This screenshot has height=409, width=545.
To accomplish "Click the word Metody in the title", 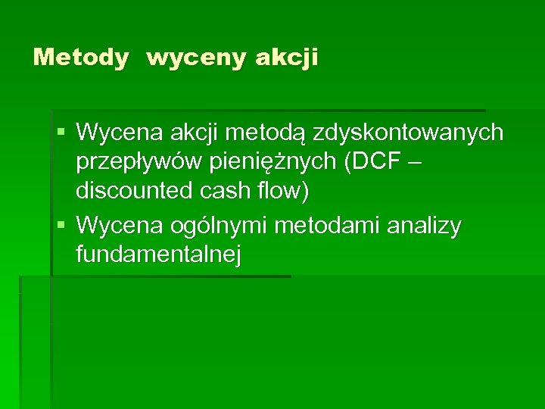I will coord(81,58).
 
